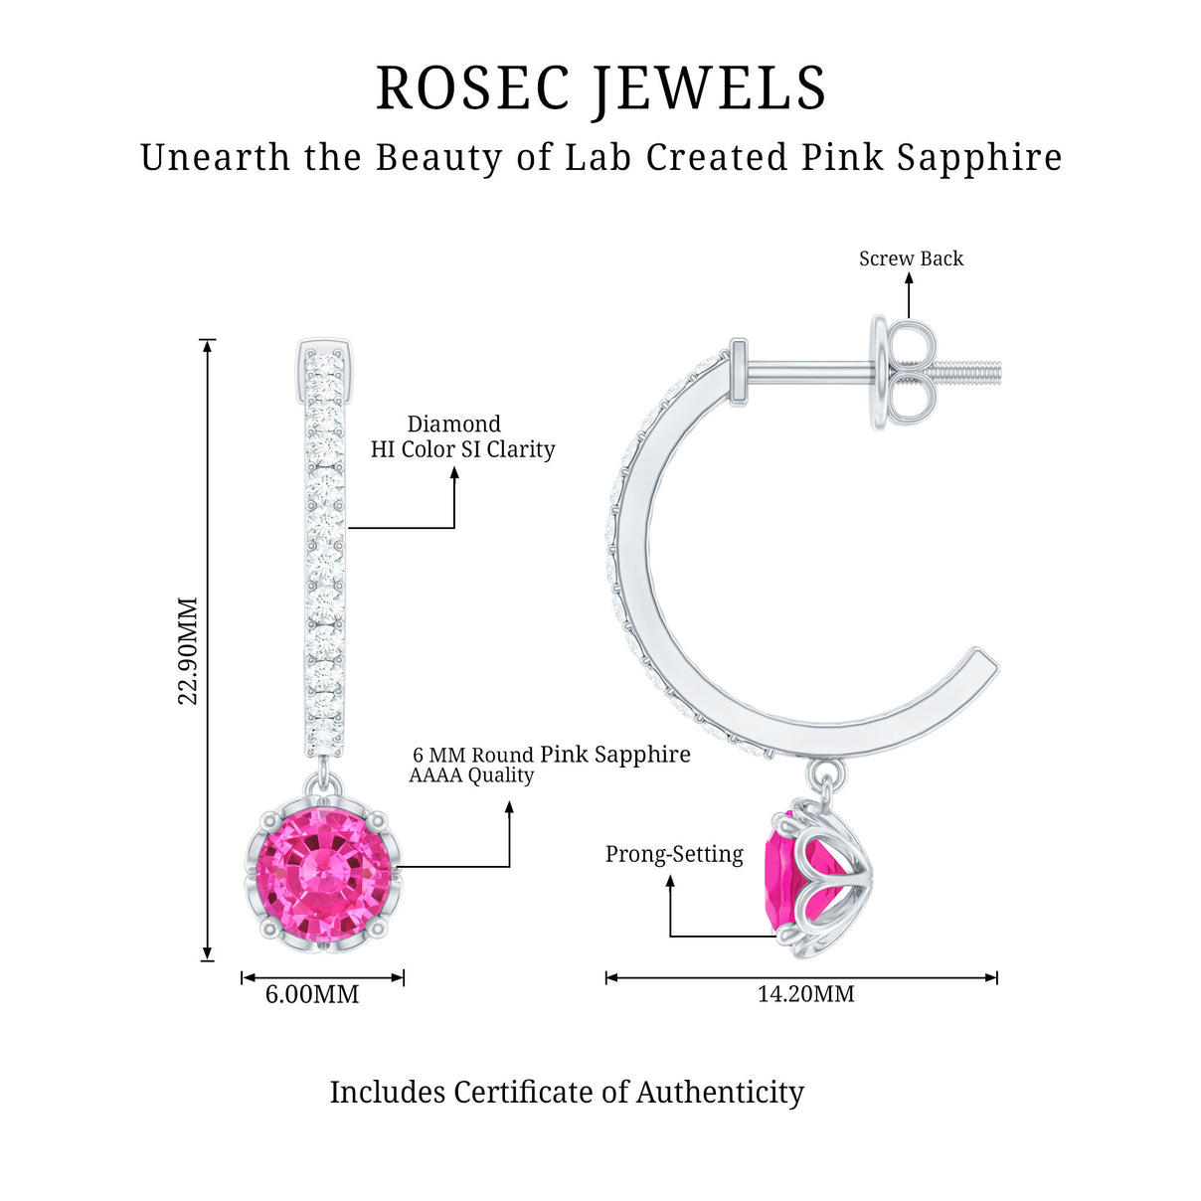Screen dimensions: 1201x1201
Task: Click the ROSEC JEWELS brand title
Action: [600, 87]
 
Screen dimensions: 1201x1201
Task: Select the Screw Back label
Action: [911, 258]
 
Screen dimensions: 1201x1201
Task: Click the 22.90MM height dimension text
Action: [189, 650]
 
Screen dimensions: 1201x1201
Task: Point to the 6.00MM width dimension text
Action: [312, 994]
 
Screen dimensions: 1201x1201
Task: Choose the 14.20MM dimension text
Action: [805, 994]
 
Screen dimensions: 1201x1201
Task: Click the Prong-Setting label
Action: [674, 854]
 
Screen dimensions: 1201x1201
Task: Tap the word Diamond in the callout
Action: [453, 424]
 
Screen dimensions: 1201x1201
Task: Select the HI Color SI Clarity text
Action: [462, 449]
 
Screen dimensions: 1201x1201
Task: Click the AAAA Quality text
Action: [471, 775]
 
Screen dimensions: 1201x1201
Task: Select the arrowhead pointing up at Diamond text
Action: [454, 473]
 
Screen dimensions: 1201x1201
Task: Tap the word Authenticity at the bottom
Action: [720, 1092]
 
